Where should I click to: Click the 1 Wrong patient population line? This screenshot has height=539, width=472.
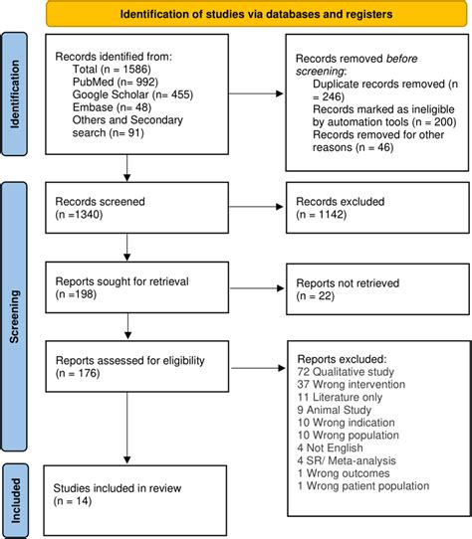point(368,484)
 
